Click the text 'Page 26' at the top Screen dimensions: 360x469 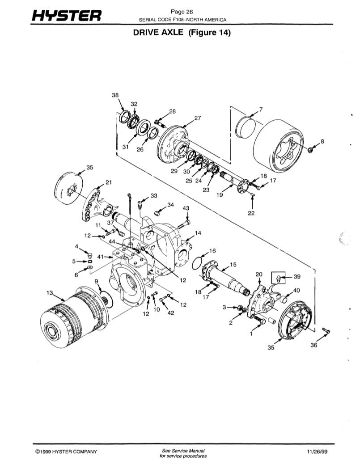pyautogui.click(x=182, y=12)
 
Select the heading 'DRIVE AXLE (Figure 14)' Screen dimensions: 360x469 pyautogui.click(x=182, y=33)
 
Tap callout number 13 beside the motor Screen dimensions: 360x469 pyautogui.click(x=50, y=293)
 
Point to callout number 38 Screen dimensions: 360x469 pyautogui.click(x=115, y=95)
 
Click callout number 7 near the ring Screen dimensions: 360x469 pyautogui.click(x=261, y=110)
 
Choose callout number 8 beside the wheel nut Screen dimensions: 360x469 pyautogui.click(x=322, y=141)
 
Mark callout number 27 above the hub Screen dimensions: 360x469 pyautogui.click(x=198, y=118)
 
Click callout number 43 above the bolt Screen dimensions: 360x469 pyautogui.click(x=186, y=208)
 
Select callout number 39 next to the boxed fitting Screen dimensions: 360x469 pyautogui.click(x=297, y=277)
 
